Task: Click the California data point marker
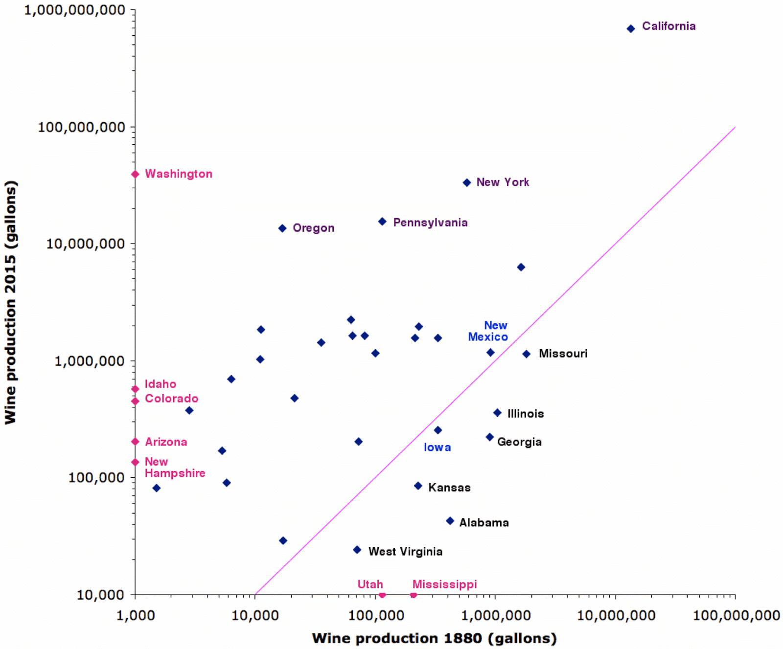[631, 29]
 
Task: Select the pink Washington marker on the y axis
[136, 174]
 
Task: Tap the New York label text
[503, 182]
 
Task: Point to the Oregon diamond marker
[282, 228]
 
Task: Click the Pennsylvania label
[430, 223]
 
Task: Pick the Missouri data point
[527, 354]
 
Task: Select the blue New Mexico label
[488, 331]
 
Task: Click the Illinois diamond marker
[497, 413]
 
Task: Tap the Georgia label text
[519, 442]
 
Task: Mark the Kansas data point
[418, 486]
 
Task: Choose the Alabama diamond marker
[450, 521]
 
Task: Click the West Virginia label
[405, 552]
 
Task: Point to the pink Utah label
[370, 584]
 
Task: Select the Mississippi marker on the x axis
[414, 595]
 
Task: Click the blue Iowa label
[437, 448]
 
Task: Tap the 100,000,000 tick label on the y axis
[82, 127]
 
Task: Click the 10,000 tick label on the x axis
[255, 615]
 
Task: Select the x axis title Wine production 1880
[435, 638]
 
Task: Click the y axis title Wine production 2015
[11, 302]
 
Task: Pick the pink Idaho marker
[136, 389]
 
